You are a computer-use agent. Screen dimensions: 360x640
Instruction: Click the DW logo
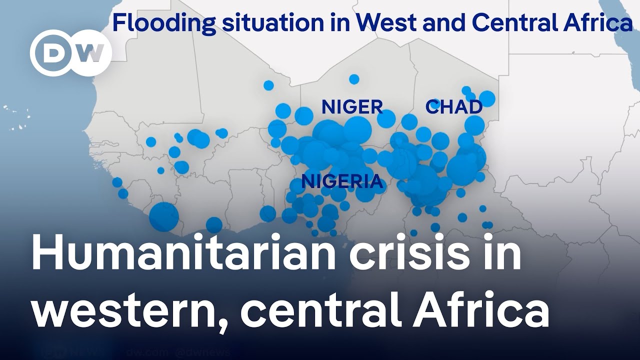point(70,53)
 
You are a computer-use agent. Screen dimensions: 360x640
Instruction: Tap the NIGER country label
point(352,107)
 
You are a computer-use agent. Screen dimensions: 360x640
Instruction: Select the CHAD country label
point(453,107)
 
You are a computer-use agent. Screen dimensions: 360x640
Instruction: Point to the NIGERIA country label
point(342,181)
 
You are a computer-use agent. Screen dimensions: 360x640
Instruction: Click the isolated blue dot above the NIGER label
point(354,79)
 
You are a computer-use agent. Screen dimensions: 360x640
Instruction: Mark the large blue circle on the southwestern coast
point(163,216)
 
